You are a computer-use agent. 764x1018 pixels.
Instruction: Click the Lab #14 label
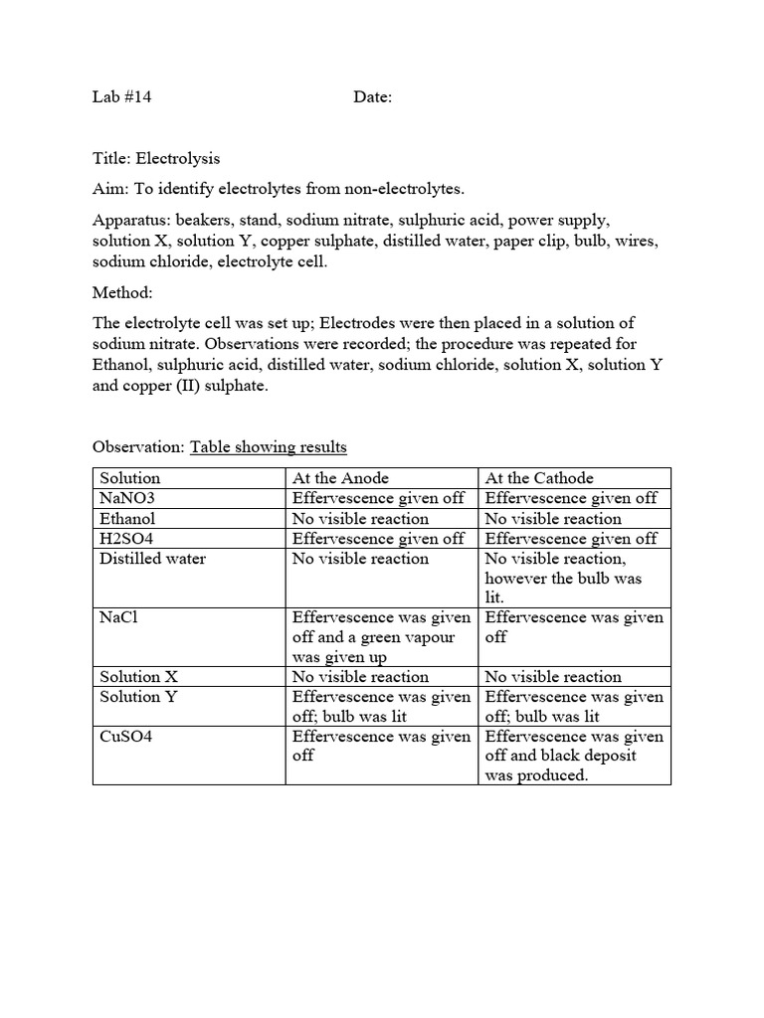click(x=121, y=97)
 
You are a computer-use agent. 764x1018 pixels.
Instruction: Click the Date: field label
click(x=373, y=97)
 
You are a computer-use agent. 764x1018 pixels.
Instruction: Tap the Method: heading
click(x=123, y=293)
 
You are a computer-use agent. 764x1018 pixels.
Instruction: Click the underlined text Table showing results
click(x=269, y=447)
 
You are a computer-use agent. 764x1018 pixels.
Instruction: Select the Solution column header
click(x=129, y=478)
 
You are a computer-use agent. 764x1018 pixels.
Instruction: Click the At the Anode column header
click(x=340, y=478)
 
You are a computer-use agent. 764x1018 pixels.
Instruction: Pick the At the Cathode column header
click(x=538, y=478)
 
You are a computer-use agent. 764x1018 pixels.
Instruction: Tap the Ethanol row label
click(x=127, y=518)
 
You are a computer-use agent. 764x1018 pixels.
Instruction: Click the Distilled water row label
click(x=152, y=559)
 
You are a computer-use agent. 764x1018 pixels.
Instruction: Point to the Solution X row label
click(x=138, y=677)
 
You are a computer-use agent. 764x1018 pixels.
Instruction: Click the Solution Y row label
click(x=138, y=697)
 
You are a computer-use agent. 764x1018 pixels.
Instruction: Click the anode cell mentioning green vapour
click(x=381, y=637)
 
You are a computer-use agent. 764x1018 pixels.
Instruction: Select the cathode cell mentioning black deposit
click(x=574, y=756)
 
